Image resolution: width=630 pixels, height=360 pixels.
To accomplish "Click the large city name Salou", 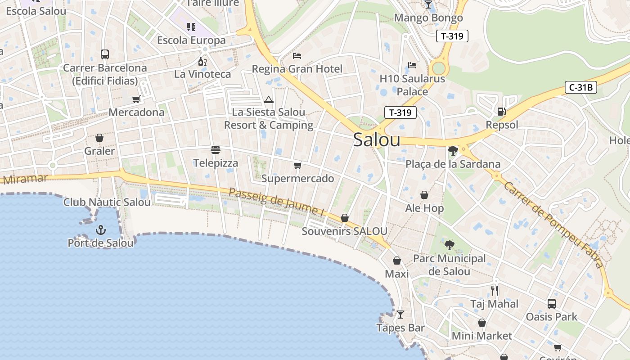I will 377,139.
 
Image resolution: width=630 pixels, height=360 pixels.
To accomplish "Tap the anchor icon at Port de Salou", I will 100,230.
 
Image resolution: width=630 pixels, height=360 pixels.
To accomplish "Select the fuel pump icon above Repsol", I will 501,111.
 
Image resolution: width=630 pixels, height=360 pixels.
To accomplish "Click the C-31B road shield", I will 580,87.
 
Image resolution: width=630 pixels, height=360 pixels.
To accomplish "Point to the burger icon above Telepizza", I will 216,149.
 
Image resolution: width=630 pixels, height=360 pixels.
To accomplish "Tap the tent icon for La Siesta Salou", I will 269,99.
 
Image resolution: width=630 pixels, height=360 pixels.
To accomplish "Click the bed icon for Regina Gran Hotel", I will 297,56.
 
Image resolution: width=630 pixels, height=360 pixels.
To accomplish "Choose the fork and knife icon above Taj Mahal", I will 495,290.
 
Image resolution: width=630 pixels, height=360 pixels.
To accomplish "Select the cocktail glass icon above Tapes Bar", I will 400,314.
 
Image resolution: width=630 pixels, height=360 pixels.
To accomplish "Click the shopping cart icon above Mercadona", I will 136,99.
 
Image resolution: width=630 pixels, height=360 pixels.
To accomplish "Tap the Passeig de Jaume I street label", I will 276,201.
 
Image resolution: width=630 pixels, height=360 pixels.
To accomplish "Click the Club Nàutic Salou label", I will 107,202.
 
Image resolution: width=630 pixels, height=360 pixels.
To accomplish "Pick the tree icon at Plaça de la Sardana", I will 453,151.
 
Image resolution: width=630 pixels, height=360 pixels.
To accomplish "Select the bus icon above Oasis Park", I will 552,303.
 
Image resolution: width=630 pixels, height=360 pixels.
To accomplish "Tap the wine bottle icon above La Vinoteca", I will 202,61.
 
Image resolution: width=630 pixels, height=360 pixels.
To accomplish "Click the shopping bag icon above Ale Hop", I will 424,195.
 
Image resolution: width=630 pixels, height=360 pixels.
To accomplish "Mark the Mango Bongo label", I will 428,18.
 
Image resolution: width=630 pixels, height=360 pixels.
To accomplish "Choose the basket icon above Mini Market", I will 482,323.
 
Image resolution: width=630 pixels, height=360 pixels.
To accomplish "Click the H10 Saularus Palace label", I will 412,85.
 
